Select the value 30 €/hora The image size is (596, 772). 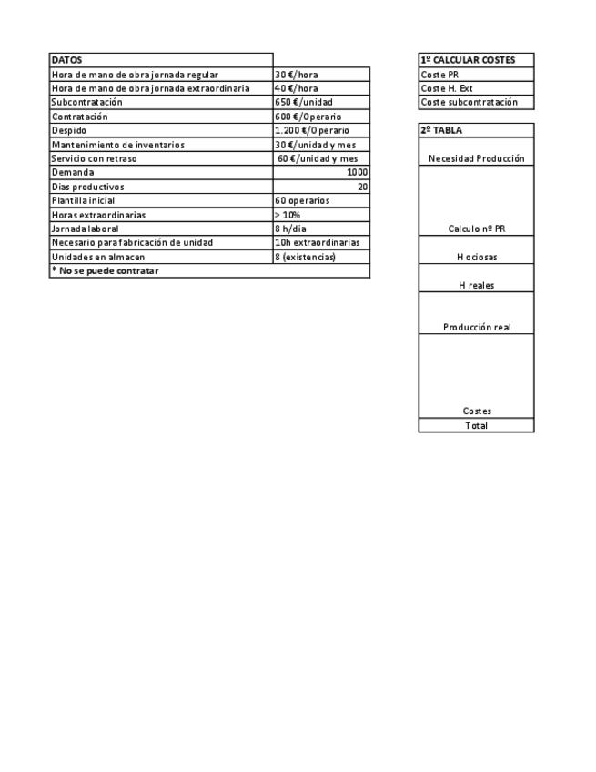point(296,75)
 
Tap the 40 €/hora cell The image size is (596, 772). point(296,88)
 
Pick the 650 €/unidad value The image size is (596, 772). point(301,103)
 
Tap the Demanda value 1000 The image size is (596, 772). point(357,172)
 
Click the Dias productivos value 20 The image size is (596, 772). point(362,187)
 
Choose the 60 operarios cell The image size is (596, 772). point(302,200)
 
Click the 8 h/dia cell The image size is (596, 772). point(290,229)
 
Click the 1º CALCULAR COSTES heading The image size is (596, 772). point(468,60)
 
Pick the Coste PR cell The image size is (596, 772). point(439,75)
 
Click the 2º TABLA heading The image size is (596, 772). point(441,130)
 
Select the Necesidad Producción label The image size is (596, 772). point(476,158)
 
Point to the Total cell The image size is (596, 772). point(476,425)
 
